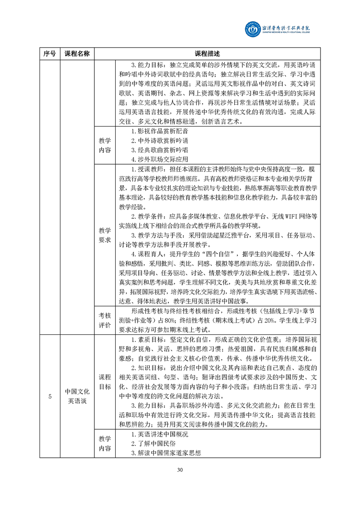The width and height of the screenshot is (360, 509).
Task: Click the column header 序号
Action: click(49, 54)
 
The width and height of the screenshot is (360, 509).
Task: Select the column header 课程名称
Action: click(77, 54)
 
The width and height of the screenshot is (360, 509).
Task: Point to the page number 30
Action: click(180, 469)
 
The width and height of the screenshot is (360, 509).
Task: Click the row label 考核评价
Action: click(105, 320)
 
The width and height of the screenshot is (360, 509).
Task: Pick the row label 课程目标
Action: click(105, 382)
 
